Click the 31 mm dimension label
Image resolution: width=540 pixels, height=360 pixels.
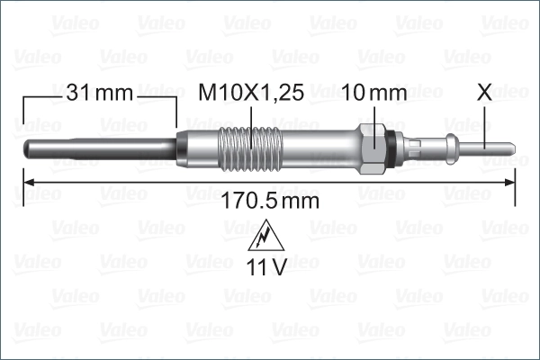(x=99, y=93)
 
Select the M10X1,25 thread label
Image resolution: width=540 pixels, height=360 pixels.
(x=249, y=93)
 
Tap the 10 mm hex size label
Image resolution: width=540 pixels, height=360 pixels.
(x=376, y=93)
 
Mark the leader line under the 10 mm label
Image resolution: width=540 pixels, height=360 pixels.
(x=376, y=117)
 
